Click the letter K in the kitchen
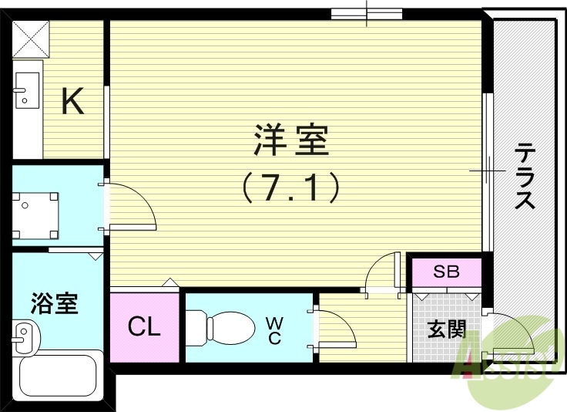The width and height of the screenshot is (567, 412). (72, 101)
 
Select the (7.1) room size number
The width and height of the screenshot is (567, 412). (290, 187)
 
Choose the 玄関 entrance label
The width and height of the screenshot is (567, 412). (447, 329)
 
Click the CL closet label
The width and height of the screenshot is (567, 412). (144, 327)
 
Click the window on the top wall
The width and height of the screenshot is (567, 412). (367, 13)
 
